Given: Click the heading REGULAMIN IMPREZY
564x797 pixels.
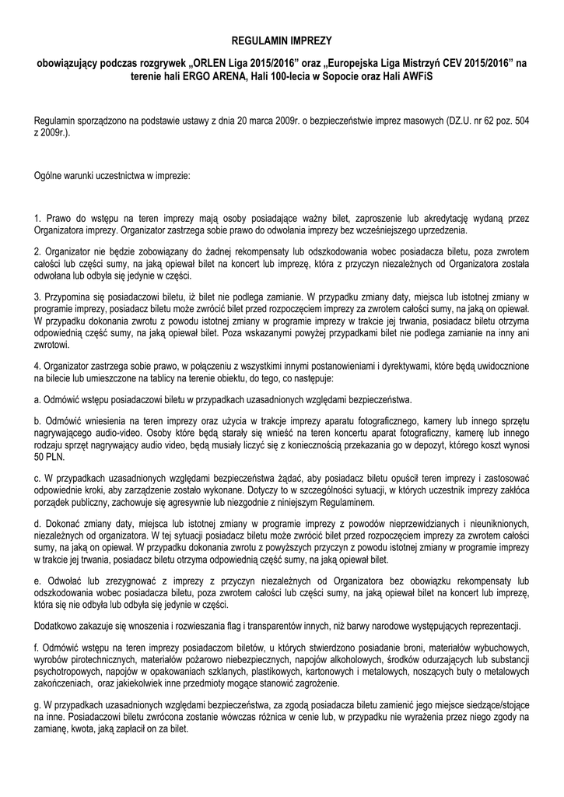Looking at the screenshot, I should (x=282, y=39).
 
